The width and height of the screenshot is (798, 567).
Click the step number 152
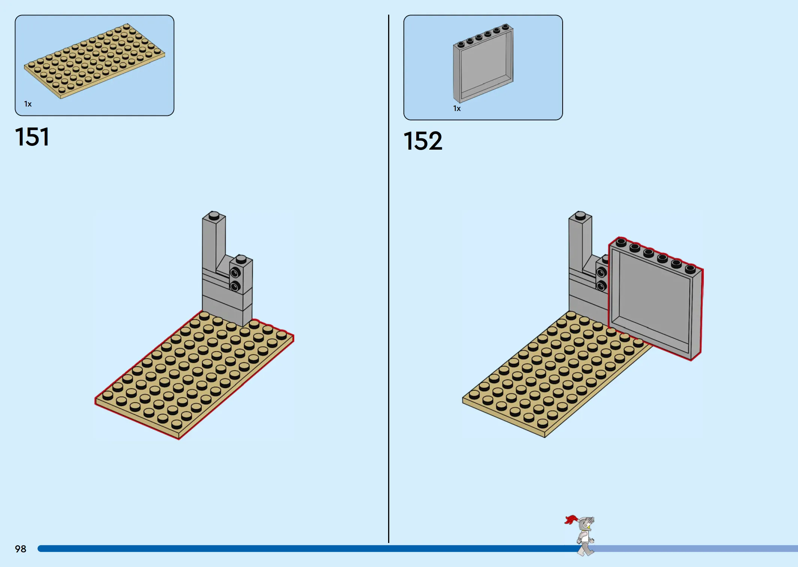[423, 141]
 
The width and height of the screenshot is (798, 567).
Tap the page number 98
[21, 549]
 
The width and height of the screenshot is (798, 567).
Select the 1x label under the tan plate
[28, 104]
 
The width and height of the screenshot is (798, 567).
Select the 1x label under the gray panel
[457, 108]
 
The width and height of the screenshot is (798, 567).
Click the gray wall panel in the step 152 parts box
[483, 63]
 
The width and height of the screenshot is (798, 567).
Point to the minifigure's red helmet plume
[571, 520]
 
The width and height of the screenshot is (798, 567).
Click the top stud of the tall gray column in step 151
[214, 215]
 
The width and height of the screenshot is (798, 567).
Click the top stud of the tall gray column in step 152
[580, 215]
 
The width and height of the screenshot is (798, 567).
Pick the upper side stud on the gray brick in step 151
[235, 272]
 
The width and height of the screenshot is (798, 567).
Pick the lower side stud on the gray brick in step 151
[235, 286]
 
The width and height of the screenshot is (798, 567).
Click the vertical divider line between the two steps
[388, 279]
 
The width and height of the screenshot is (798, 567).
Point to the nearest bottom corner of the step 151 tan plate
[179, 439]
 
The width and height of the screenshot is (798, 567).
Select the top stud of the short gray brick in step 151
[241, 259]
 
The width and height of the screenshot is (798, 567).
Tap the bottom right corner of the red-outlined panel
[692, 360]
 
